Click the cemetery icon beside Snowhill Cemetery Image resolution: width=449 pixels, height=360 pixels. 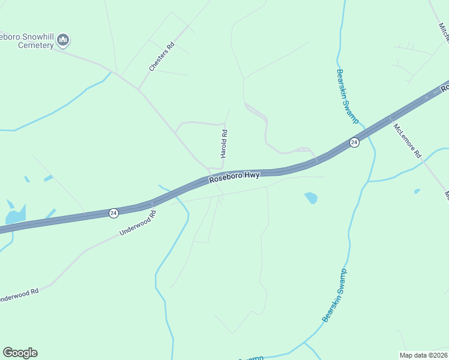[x=64, y=41]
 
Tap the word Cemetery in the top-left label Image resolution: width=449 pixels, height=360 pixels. [x=35, y=45]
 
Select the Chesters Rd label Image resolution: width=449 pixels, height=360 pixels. [x=161, y=57]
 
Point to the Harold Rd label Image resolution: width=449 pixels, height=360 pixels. [x=223, y=144]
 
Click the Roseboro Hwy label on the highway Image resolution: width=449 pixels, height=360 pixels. [x=234, y=176]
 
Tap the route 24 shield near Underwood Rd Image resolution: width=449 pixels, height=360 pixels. [x=113, y=213]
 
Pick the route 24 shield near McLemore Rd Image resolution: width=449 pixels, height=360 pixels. [x=354, y=142]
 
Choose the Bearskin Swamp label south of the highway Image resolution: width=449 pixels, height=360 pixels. [x=335, y=295]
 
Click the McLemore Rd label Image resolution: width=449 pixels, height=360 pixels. [x=408, y=140]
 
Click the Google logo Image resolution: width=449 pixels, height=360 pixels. [x=20, y=353]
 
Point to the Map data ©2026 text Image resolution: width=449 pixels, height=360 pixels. [x=423, y=355]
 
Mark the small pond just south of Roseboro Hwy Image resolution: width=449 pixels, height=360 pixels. [x=311, y=197]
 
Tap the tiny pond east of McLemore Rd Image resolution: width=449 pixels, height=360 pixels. [x=417, y=191]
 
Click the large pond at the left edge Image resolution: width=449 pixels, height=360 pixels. [x=14, y=214]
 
